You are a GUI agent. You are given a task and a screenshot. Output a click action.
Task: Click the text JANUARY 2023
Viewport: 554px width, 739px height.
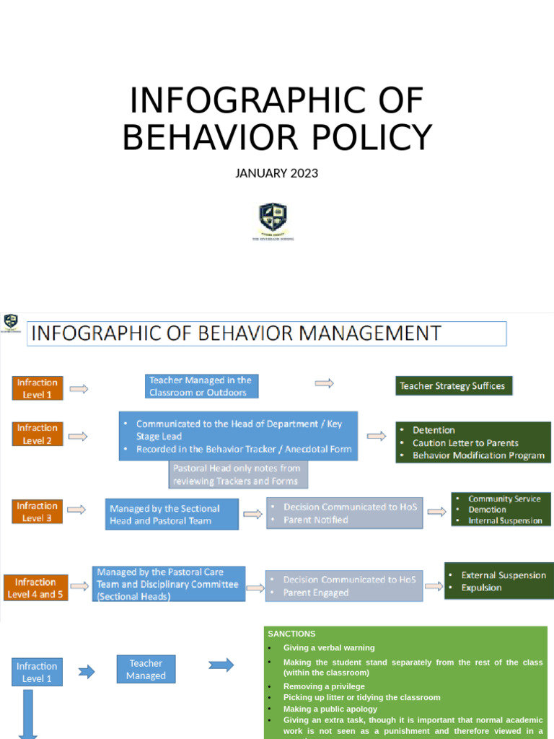coord(276,173)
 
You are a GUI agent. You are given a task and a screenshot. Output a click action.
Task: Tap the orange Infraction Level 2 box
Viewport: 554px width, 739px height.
coord(38,434)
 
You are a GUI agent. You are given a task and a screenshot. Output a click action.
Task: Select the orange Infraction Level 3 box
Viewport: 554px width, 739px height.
coord(38,512)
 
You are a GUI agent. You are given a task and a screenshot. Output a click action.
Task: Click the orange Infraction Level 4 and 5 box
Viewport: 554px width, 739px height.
coord(35,588)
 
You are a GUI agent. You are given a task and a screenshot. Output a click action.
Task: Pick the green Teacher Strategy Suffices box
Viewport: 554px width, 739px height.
coord(452,386)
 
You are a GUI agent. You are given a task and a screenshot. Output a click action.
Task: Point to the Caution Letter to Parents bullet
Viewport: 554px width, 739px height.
coord(465,443)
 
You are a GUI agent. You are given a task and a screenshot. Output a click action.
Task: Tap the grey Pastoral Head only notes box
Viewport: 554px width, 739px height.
coord(238,475)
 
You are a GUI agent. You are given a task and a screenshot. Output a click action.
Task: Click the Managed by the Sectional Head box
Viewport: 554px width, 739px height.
coord(172,514)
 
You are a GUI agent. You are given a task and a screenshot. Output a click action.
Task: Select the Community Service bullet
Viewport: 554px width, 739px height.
coord(504,499)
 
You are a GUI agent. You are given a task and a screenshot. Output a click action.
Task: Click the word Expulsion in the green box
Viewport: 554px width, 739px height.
coord(481,587)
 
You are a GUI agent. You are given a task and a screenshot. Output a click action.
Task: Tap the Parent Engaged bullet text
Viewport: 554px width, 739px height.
coord(316,592)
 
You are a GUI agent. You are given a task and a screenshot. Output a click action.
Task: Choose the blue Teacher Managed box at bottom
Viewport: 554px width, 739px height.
coord(146,670)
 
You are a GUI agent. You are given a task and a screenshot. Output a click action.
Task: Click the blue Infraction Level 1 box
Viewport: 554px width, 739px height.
coord(37,672)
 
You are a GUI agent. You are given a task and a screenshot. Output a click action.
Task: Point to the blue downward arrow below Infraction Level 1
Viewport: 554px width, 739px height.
coord(29,714)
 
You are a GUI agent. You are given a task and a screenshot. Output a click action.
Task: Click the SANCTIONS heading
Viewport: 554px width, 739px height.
coord(291,634)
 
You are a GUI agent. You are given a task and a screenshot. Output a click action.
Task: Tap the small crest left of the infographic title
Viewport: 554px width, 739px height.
coord(11,322)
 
